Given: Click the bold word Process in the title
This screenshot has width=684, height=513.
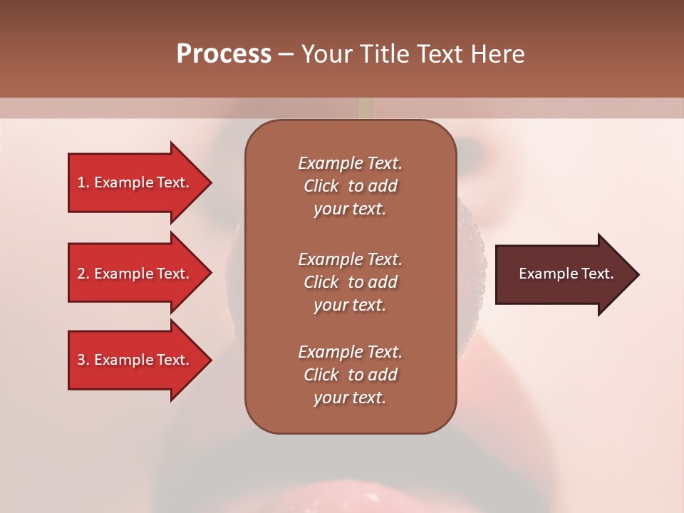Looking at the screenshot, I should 224,54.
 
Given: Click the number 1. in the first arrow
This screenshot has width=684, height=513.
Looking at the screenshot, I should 83,182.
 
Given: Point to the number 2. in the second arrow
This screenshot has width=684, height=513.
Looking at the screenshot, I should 83,274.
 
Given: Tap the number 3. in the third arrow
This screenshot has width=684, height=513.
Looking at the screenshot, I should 83,360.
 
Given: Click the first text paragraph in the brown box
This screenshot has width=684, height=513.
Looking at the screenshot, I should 350,186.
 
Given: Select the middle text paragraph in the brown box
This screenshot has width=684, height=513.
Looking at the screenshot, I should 350,282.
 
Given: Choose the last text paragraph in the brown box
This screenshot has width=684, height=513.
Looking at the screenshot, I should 350,375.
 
